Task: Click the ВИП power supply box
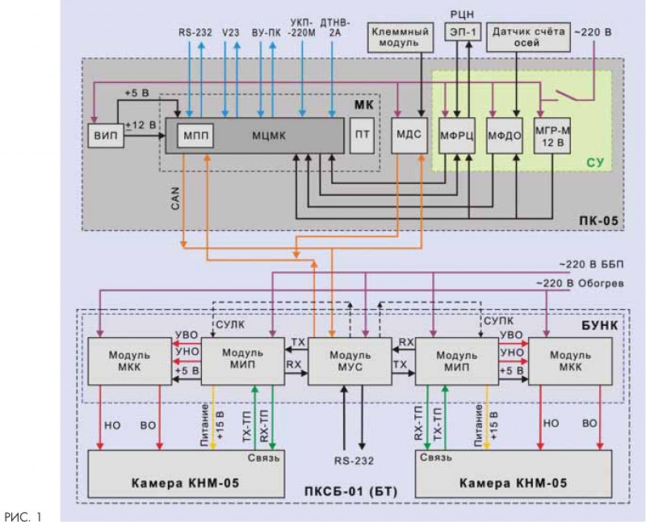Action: coord(106,135)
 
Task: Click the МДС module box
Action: coord(406,135)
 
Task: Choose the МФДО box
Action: coord(503,135)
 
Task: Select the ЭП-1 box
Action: coord(462,31)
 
